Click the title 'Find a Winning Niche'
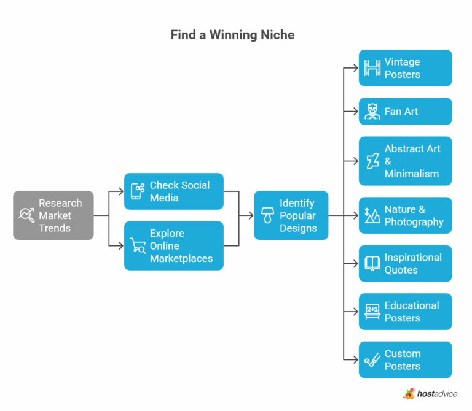pyautogui.click(x=232, y=35)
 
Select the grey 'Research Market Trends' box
pyautogui.click(x=53, y=215)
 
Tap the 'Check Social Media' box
pyautogui.click(x=173, y=191)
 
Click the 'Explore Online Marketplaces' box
pyautogui.click(x=173, y=245)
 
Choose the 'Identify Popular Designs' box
pyautogui.click(x=291, y=215)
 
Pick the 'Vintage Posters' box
pyautogui.click(x=405, y=68)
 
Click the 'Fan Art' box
pyautogui.click(x=405, y=112)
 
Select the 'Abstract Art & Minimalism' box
pyautogui.click(x=405, y=161)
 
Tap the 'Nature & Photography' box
pyautogui.click(x=405, y=215)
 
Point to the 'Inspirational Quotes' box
pyautogui.click(x=405, y=264)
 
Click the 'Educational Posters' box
pyautogui.click(x=405, y=312)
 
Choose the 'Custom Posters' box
pyautogui.click(x=405, y=360)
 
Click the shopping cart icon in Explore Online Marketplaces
pyautogui.click(x=137, y=246)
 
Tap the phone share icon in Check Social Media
pyautogui.click(x=137, y=191)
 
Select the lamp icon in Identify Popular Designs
pyautogui.click(x=267, y=215)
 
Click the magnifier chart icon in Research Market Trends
pyautogui.click(x=26, y=215)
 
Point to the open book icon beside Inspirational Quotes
pyautogui.click(x=372, y=264)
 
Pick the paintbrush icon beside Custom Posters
pyautogui.click(x=372, y=360)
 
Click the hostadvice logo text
pyautogui.click(x=438, y=393)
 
